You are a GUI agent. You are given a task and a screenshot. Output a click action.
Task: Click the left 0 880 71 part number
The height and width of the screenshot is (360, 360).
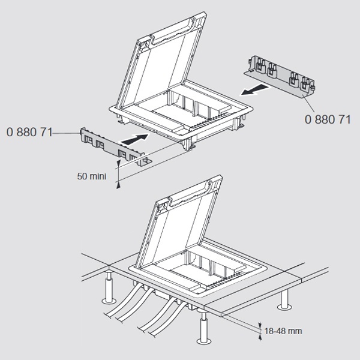(29, 132)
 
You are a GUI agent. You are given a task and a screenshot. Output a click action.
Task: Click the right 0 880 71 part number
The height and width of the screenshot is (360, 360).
(328, 119)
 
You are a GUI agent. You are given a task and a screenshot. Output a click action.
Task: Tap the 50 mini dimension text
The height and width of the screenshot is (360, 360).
(92, 176)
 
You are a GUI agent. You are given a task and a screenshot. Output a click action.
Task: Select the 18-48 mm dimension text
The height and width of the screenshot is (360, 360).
(283, 331)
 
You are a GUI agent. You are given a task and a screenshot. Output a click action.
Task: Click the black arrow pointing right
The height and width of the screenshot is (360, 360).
(135, 139)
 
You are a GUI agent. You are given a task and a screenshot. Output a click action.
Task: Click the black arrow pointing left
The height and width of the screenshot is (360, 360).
(254, 89)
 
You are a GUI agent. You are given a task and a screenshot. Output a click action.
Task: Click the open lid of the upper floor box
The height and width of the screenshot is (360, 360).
(161, 62)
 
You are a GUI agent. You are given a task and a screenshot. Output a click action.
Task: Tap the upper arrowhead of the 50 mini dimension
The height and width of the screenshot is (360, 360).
(118, 163)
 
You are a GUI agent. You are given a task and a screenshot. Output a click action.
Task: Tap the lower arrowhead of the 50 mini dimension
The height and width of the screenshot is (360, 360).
(118, 185)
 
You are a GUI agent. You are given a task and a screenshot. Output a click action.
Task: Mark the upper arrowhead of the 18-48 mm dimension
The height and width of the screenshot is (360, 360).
(260, 325)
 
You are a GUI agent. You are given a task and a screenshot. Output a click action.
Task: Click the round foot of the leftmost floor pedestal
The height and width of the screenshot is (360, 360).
(109, 301)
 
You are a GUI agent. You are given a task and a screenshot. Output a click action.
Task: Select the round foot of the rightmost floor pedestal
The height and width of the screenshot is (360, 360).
(284, 307)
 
